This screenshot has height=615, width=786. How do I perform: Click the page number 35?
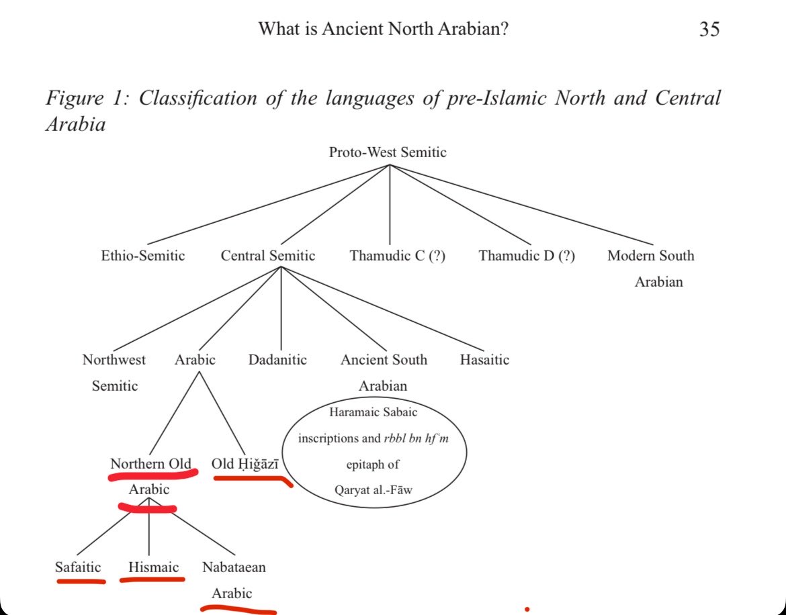point(709,29)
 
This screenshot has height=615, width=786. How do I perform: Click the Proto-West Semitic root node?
point(388,152)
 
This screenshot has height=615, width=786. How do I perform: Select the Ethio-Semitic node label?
point(143,256)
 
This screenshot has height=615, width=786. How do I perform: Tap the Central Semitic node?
point(267,256)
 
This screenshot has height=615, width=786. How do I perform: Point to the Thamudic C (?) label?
point(398,256)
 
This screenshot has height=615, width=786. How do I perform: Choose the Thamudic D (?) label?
point(527,256)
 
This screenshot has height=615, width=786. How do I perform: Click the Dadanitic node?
point(277,360)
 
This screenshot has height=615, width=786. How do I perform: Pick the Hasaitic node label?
point(484,360)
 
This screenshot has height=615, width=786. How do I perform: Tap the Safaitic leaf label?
point(78,567)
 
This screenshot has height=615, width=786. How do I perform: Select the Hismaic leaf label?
point(153,567)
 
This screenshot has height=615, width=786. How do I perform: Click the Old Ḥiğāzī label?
point(245,464)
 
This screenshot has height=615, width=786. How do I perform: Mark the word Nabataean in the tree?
point(234,567)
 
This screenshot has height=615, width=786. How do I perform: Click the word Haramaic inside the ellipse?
point(349,412)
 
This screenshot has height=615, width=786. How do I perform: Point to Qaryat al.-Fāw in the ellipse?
point(374,489)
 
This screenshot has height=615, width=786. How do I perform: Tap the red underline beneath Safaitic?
point(81,581)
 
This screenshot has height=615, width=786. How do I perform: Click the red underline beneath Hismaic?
point(152,579)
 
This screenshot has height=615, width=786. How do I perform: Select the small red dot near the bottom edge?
point(527,610)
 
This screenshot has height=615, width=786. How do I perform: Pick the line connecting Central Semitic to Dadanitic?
point(281,308)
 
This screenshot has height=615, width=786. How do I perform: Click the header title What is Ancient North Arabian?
point(384,29)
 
